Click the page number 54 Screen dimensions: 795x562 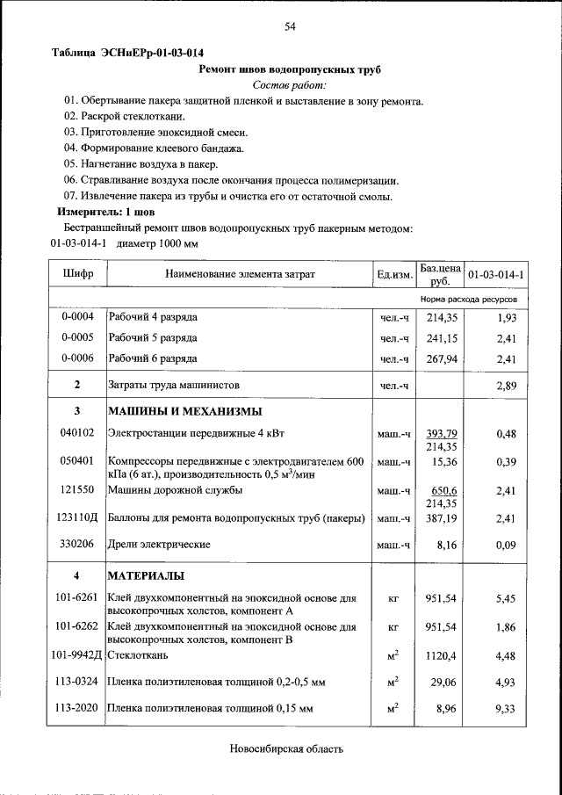tap(290, 26)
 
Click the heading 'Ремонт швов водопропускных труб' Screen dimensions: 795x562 tap(290, 69)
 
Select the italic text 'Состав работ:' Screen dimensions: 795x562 tap(289, 85)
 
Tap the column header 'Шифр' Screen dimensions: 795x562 tap(77, 275)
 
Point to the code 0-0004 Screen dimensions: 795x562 tap(77, 316)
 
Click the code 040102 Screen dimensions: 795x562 tap(77, 433)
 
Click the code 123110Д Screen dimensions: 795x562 tap(77, 519)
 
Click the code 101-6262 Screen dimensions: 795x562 tap(77, 627)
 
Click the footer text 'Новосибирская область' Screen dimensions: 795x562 tap(285, 749)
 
